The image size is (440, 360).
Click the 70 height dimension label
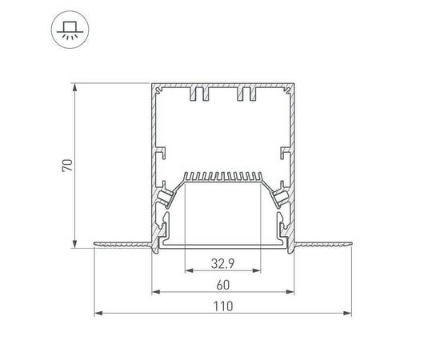(68, 166)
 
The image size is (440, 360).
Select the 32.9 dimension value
(222, 263)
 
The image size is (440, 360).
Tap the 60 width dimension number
(223, 285)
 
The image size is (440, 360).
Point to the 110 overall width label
(223, 306)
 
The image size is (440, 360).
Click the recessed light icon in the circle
(70, 30)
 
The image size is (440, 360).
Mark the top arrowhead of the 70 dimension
(74, 87)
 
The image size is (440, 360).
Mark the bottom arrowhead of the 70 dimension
(74, 244)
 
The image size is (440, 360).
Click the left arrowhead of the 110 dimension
(98, 313)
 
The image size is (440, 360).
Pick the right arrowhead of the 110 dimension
(347, 313)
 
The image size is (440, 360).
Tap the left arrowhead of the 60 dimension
(156, 292)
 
